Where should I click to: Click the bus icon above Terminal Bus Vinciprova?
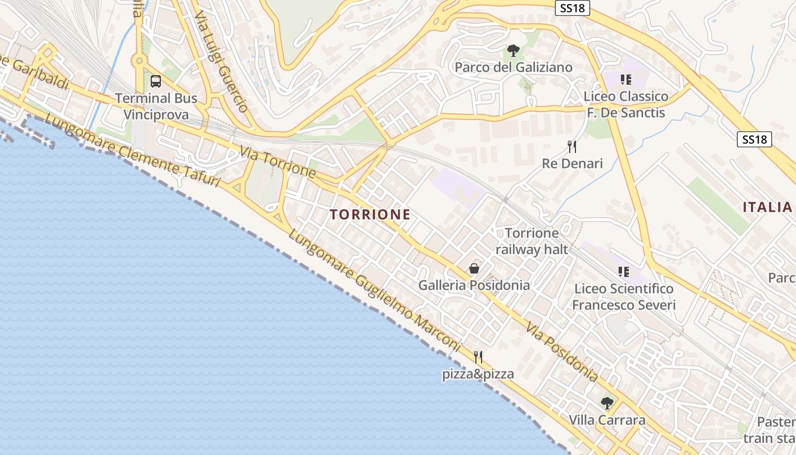pos(156,81)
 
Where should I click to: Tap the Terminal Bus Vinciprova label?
pos(156,106)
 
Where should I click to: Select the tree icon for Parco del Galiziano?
pos(513,51)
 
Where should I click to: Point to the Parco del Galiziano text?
pos(513,68)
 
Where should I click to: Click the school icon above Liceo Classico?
pos(626,79)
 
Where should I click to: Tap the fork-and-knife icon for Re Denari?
pos(572,147)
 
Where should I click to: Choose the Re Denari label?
pos(572,164)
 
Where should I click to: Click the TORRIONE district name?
pos(370,214)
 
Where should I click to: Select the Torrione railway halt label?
pos(532,241)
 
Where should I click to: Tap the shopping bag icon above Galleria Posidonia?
pos(474,268)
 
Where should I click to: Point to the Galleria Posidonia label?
pos(474,285)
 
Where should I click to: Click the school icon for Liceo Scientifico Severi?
pos(624,272)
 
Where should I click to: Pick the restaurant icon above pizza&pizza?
pos(478,357)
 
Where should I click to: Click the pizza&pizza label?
pos(478,374)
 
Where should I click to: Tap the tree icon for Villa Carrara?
pos(607,403)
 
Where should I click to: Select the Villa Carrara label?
pos(607,420)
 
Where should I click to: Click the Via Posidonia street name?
pos(562,353)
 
